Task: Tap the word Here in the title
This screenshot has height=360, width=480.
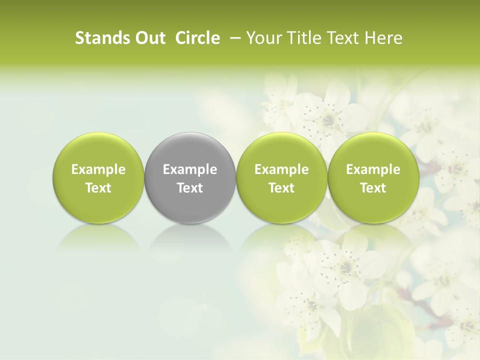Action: (383, 38)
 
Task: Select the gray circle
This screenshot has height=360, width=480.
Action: (190, 177)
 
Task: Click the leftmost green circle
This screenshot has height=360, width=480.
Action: (98, 177)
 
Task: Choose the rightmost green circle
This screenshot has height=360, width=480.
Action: (373, 177)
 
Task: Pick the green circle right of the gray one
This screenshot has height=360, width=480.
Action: (281, 177)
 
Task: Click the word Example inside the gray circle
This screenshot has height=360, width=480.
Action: (190, 169)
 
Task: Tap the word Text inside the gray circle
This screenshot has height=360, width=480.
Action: (190, 188)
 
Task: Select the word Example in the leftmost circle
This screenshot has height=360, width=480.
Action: (98, 169)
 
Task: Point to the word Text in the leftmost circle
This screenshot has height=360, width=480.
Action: (98, 188)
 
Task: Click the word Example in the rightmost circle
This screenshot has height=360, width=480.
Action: (373, 169)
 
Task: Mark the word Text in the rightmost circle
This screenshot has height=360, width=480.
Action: (373, 188)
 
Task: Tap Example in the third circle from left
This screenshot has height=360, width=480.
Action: (281, 169)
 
